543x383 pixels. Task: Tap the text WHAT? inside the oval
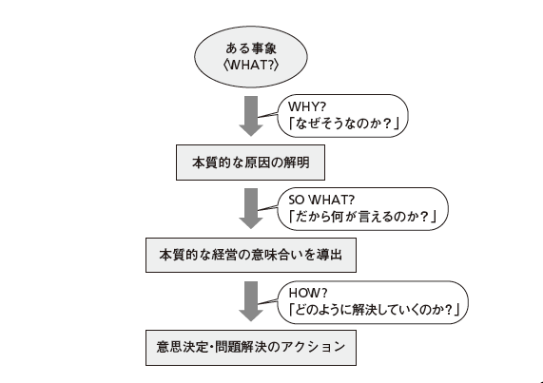coord(251,67)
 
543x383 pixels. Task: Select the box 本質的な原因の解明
coord(251,163)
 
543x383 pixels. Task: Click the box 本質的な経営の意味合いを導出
coord(251,256)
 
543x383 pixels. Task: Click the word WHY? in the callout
coord(308,105)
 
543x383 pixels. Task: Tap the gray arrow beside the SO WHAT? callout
coord(250,206)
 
